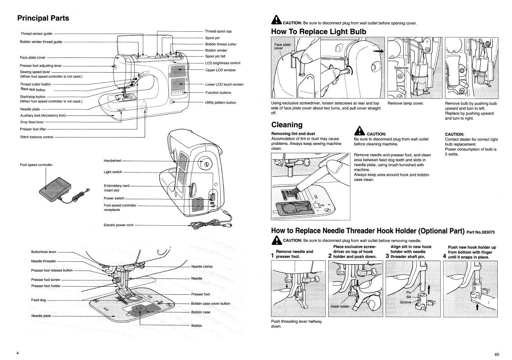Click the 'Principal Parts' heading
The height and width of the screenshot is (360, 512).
coord(43,18)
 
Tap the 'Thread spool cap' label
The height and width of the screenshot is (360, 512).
coord(218,31)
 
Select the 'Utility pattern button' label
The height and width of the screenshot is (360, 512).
coord(221,103)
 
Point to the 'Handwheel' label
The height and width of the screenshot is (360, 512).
coord(112,161)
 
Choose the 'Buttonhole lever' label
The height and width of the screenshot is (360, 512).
coord(44,252)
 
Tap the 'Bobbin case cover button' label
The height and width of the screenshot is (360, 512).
coord(211,303)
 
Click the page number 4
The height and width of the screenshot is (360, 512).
coord(17,353)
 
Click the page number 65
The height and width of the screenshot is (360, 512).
coord(497,354)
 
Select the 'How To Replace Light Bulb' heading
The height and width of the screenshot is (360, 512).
coord(318,32)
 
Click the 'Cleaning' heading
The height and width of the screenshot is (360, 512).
coord(287,125)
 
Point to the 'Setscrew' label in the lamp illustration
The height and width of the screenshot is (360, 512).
coord(401,68)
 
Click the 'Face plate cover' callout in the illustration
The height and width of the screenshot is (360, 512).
coord(282,46)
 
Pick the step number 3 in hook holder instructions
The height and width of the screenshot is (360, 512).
coord(387,256)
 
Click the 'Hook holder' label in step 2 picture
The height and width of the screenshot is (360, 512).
coord(340,306)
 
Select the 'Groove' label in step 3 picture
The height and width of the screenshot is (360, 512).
coord(406,302)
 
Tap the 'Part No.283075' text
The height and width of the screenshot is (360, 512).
coord(480,232)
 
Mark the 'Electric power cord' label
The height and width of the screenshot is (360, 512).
coord(118,225)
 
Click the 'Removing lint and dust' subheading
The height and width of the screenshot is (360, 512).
coord(293,134)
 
